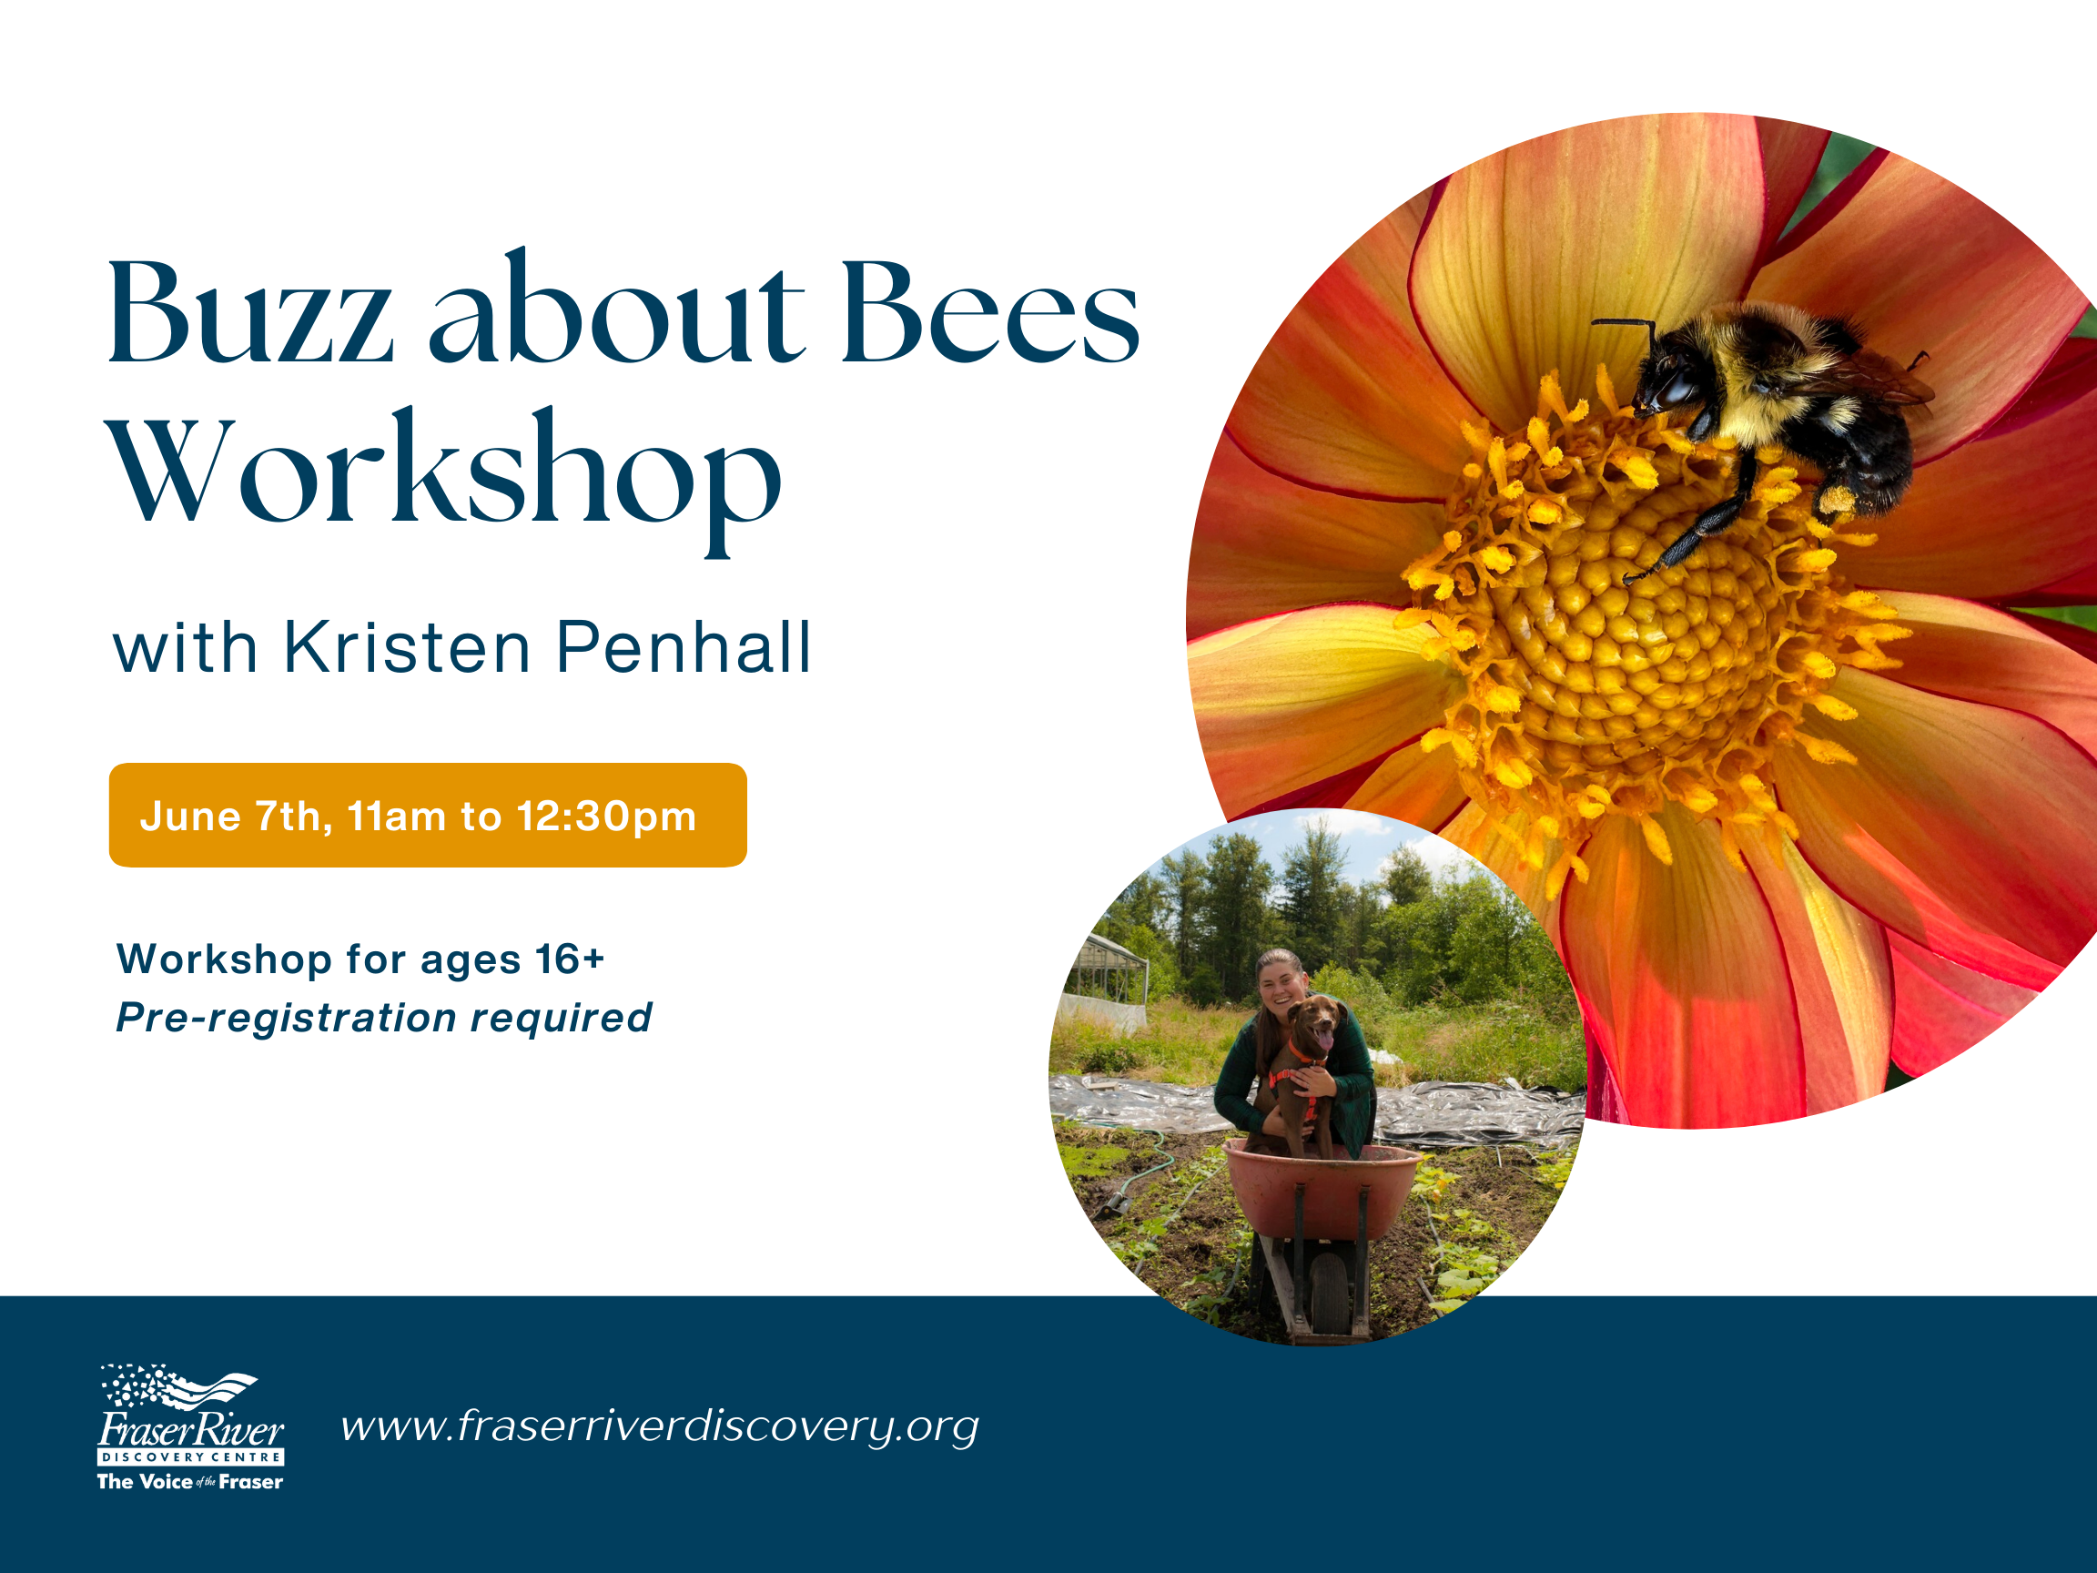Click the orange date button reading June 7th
428,816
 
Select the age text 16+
570,959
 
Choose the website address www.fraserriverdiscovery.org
660,1427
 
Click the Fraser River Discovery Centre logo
190,1427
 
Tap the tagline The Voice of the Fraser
190,1482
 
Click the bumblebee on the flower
1763,417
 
